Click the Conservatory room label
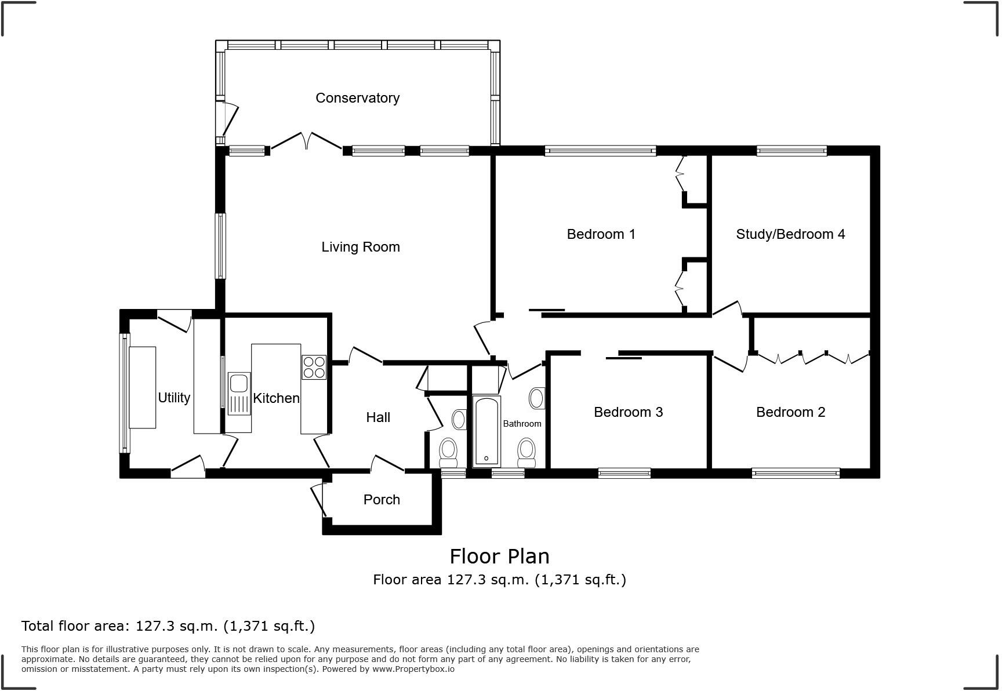[x=357, y=98]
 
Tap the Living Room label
[x=360, y=247]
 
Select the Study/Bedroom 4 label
[x=790, y=234]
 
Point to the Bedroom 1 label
[x=601, y=234]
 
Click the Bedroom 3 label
[x=628, y=412]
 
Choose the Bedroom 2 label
[x=790, y=412]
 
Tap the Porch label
[x=381, y=500]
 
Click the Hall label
[x=377, y=417]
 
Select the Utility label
[x=174, y=398]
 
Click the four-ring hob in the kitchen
[x=314, y=367]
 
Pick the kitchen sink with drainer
[x=239, y=394]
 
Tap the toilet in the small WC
[x=448, y=452]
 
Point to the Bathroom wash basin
[x=536, y=399]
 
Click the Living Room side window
[x=220, y=246]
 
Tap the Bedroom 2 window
[x=795, y=473]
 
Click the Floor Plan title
[x=499, y=557]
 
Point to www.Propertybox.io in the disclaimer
[x=413, y=669]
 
